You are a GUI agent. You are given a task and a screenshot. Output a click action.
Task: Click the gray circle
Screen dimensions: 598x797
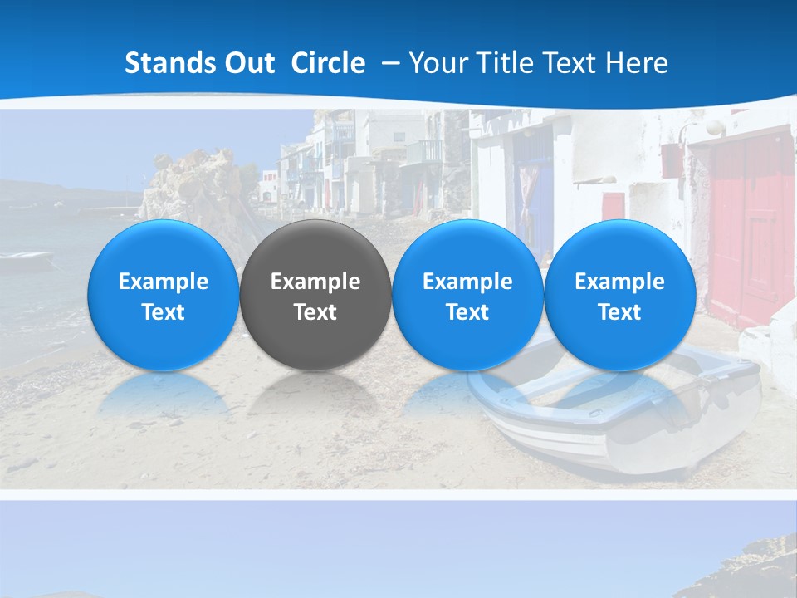315,296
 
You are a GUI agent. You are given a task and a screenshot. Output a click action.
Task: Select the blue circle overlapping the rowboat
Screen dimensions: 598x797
619,296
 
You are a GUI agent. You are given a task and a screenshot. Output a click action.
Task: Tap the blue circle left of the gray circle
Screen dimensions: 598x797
163,296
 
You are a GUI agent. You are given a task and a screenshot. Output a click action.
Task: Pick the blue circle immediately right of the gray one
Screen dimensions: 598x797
467,296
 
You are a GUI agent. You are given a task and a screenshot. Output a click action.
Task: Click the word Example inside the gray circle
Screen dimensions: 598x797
315,282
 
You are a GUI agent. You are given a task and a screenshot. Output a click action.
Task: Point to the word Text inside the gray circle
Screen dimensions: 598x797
315,312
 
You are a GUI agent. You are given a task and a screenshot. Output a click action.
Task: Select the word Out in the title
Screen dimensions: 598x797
247,63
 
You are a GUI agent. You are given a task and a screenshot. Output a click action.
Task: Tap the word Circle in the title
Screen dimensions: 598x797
328,63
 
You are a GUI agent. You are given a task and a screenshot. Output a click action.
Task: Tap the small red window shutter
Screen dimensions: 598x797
614,208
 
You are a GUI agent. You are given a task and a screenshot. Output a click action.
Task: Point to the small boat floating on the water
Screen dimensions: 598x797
25,259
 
